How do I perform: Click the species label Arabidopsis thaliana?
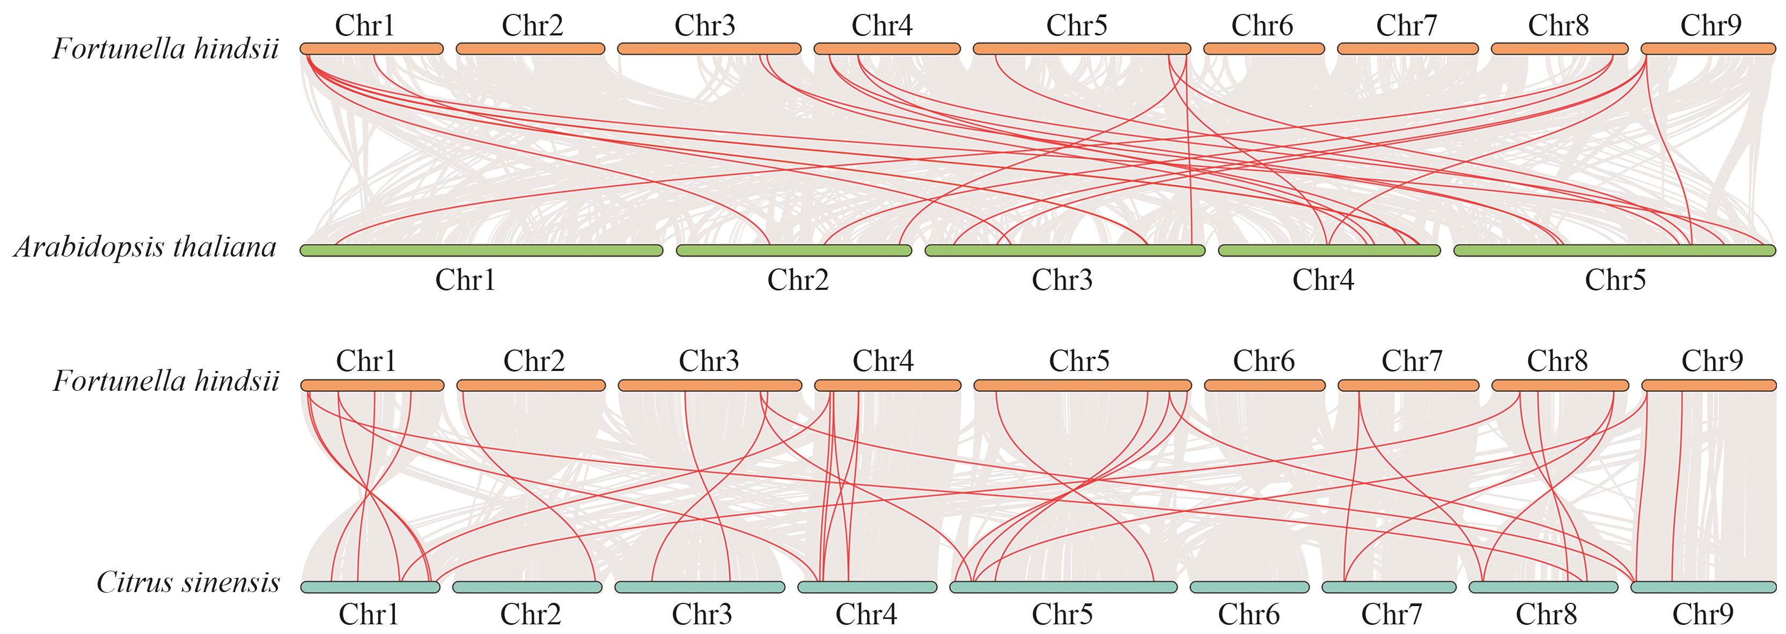pyautogui.click(x=145, y=247)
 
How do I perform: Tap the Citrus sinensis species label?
pyautogui.click(x=188, y=582)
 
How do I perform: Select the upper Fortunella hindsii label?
pyautogui.click(x=166, y=49)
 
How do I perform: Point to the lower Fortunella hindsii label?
pyautogui.click(x=166, y=382)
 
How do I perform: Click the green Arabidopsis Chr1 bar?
pyautogui.click(x=481, y=250)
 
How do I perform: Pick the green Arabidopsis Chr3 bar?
pyautogui.click(x=1064, y=250)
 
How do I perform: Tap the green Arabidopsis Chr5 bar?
pyautogui.click(x=1614, y=250)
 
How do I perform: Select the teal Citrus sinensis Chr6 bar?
pyautogui.click(x=1250, y=587)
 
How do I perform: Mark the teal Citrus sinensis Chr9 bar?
pyautogui.click(x=1703, y=587)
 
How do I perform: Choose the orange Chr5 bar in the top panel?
pyautogui.click(x=1082, y=48)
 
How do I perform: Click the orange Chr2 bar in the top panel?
pyautogui.click(x=531, y=48)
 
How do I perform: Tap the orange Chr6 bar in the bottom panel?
pyautogui.click(x=1264, y=385)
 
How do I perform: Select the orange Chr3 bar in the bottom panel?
pyautogui.click(x=709, y=385)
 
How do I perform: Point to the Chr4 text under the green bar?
pyautogui.click(x=1323, y=280)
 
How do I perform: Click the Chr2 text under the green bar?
pyautogui.click(x=797, y=280)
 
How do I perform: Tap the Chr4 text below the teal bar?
pyautogui.click(x=866, y=615)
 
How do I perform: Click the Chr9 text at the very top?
pyautogui.click(x=1710, y=26)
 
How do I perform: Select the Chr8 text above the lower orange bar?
pyautogui.click(x=1557, y=361)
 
